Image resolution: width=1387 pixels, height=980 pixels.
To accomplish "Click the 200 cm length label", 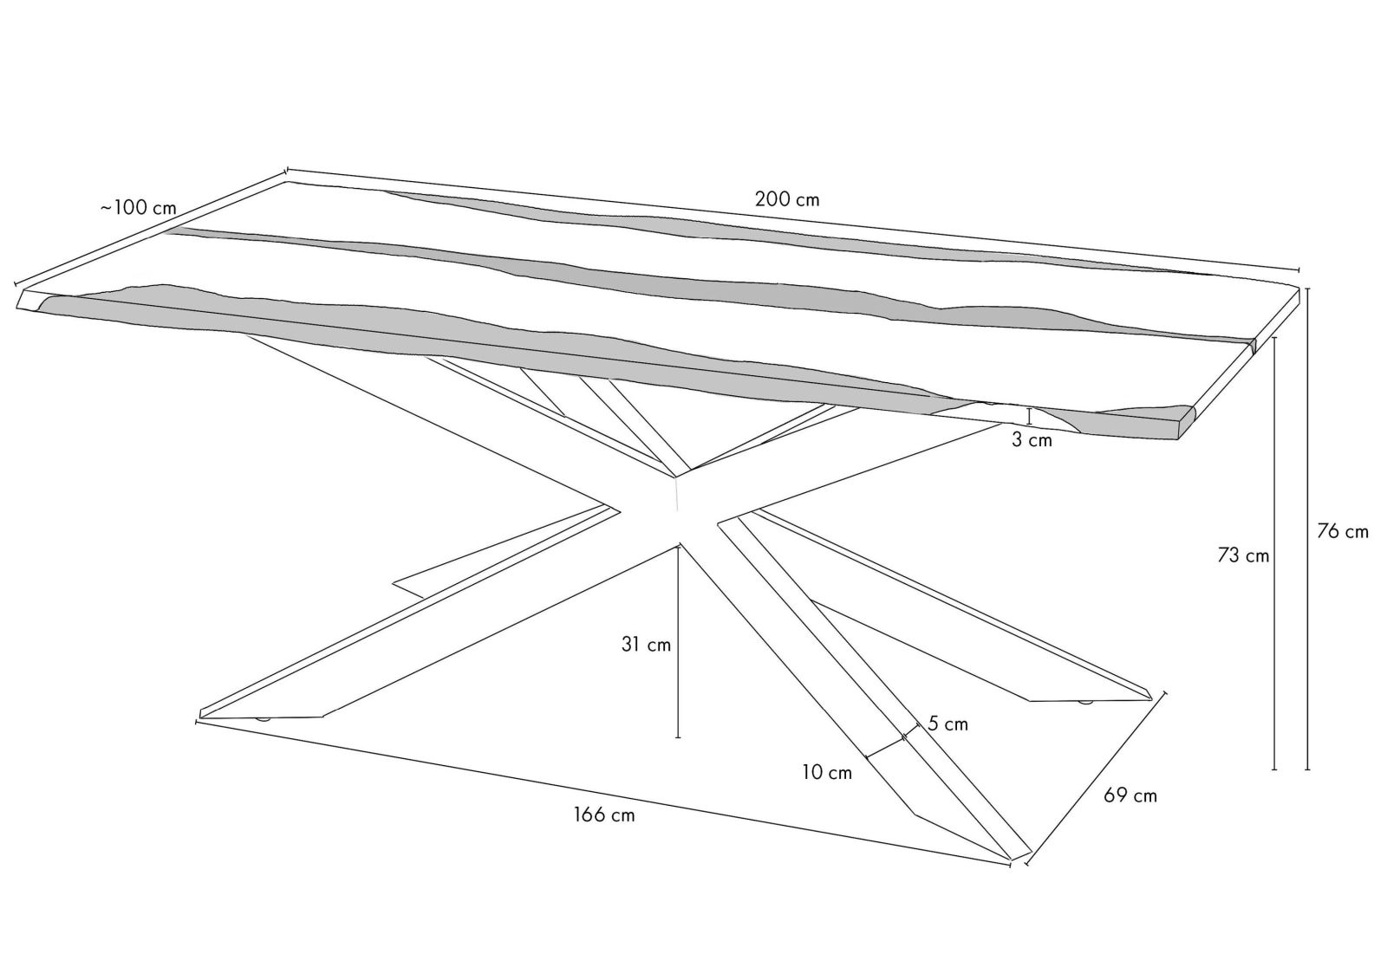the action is (787, 199).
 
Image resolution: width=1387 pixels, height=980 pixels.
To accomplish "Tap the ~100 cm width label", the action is (138, 207).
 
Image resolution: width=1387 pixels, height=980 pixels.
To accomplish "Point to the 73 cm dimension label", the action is (1243, 555).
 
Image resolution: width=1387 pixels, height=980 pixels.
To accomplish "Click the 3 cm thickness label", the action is (1032, 440).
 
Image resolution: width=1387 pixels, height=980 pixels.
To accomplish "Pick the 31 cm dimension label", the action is (646, 645).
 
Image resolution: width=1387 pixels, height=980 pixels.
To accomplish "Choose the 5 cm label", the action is (947, 724).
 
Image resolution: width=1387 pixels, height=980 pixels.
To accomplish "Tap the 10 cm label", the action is (827, 772).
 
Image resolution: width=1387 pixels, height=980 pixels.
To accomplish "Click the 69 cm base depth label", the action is (1130, 795).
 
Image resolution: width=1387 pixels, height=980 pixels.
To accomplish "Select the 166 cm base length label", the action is (604, 815).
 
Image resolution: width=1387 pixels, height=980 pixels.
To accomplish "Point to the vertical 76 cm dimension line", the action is (1307, 529).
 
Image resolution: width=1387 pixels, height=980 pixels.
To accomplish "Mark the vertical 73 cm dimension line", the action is (1274, 554).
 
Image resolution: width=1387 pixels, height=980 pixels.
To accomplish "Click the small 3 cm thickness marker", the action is (1030, 416).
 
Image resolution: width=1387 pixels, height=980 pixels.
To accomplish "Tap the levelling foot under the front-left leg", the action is (264, 720).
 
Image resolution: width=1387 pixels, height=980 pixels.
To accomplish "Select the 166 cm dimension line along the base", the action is (603, 793).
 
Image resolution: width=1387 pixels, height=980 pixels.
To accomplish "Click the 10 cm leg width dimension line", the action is (885, 747).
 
